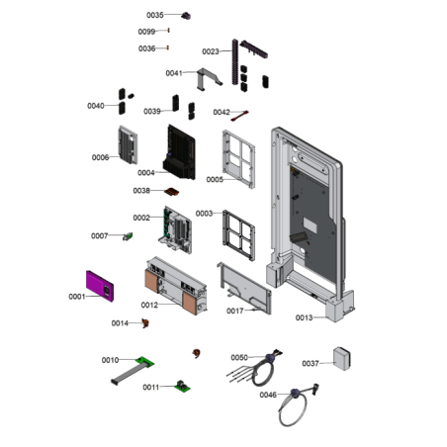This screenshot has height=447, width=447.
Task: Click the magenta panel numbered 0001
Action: pyautogui.click(x=100, y=286)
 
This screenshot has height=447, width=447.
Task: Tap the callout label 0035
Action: pyautogui.click(x=155, y=15)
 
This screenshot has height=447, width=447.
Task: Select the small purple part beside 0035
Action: pyautogui.click(x=186, y=16)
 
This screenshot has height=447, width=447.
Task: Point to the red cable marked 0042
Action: pyautogui.click(x=239, y=116)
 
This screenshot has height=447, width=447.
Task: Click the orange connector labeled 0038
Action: pyautogui.click(x=172, y=192)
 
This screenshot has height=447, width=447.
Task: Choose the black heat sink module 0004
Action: pyautogui.click(x=179, y=152)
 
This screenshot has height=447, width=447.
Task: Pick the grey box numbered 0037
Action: pyautogui.click(x=342, y=358)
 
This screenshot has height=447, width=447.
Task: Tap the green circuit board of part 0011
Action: pyautogui.click(x=182, y=386)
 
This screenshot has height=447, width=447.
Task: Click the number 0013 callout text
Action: pyautogui.click(x=304, y=317)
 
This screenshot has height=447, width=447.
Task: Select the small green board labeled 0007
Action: pyautogui.click(x=128, y=236)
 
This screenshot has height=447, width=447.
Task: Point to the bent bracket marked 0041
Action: pyautogui.click(x=209, y=78)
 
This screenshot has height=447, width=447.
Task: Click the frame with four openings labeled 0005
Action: pyautogui.click(x=238, y=159)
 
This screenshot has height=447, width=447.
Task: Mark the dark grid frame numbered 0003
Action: pyautogui.click(x=238, y=235)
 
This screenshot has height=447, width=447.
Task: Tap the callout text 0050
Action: pyautogui.click(x=239, y=358)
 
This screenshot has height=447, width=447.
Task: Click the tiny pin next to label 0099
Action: pyautogui.click(x=169, y=31)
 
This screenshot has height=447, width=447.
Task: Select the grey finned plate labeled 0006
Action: pyautogui.click(x=128, y=144)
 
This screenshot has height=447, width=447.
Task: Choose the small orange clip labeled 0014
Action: pyautogui.click(x=145, y=323)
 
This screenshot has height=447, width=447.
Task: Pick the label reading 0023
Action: pyautogui.click(x=211, y=51)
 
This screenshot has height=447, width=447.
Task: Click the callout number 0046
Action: pyautogui.click(x=268, y=395)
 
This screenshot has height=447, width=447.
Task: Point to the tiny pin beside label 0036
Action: pyautogui.click(x=168, y=47)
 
